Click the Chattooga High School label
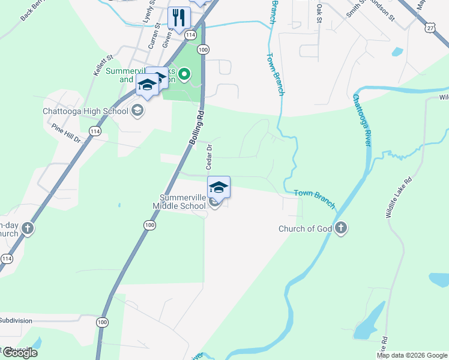(x=86, y=111)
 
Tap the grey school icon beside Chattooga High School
(x=137, y=111)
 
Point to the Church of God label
(x=304, y=228)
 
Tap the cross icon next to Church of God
(x=340, y=228)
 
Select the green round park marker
(x=185, y=75)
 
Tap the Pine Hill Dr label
(x=66, y=133)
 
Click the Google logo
(x=19, y=353)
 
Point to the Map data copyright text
(x=412, y=355)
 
